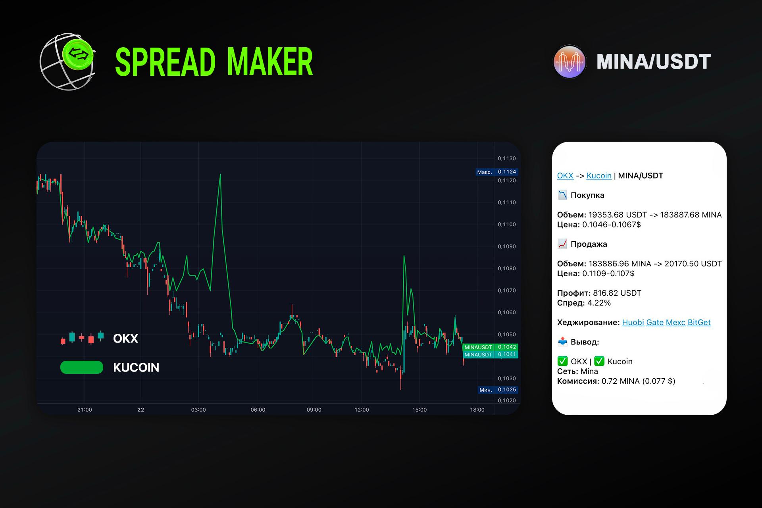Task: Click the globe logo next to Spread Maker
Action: click(67, 62)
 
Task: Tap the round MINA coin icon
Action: click(570, 62)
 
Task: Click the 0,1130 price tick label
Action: click(507, 158)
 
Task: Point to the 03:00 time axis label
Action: click(198, 410)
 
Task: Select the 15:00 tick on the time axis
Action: click(419, 410)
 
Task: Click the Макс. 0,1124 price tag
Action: click(497, 172)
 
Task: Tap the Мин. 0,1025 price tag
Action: click(498, 390)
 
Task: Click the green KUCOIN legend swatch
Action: click(82, 368)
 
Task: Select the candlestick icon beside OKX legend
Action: click(82, 338)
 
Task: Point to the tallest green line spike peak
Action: click(220, 174)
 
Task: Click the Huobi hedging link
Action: click(633, 322)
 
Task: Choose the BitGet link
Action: click(699, 322)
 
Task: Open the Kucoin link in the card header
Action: click(599, 175)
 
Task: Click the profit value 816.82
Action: click(605, 293)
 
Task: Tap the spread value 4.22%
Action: click(599, 303)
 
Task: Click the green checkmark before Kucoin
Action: click(599, 361)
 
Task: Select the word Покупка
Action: click(587, 195)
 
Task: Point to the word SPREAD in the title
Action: click(165, 62)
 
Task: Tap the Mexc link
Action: click(675, 322)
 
